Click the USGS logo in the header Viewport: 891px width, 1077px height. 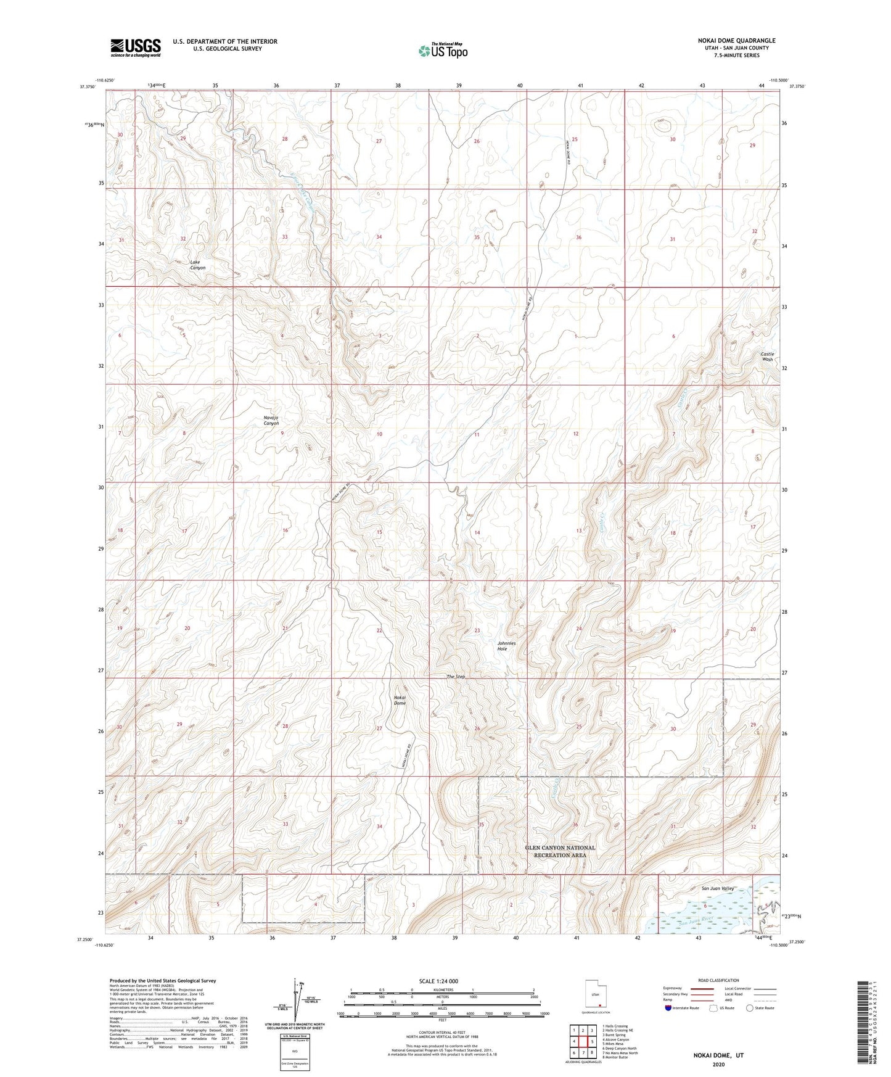tap(136, 47)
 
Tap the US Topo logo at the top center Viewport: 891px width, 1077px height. tap(442, 51)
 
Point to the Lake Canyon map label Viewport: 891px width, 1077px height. tap(197, 265)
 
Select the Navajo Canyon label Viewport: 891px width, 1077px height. tap(271, 420)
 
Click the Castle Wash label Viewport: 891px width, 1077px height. tap(767, 357)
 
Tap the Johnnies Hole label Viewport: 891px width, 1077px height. tap(506, 646)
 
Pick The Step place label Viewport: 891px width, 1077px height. tap(456, 677)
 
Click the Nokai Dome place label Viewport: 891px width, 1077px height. tap(400, 700)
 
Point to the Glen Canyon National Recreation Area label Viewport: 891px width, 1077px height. tap(560, 851)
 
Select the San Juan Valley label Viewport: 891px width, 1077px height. tap(718, 888)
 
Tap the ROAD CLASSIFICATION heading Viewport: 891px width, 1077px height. tap(718, 980)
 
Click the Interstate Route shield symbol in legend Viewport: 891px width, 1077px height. tap(668, 1008)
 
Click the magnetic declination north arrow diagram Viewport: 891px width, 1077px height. tap(298, 999)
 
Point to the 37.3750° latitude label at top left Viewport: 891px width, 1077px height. tap(88, 87)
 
